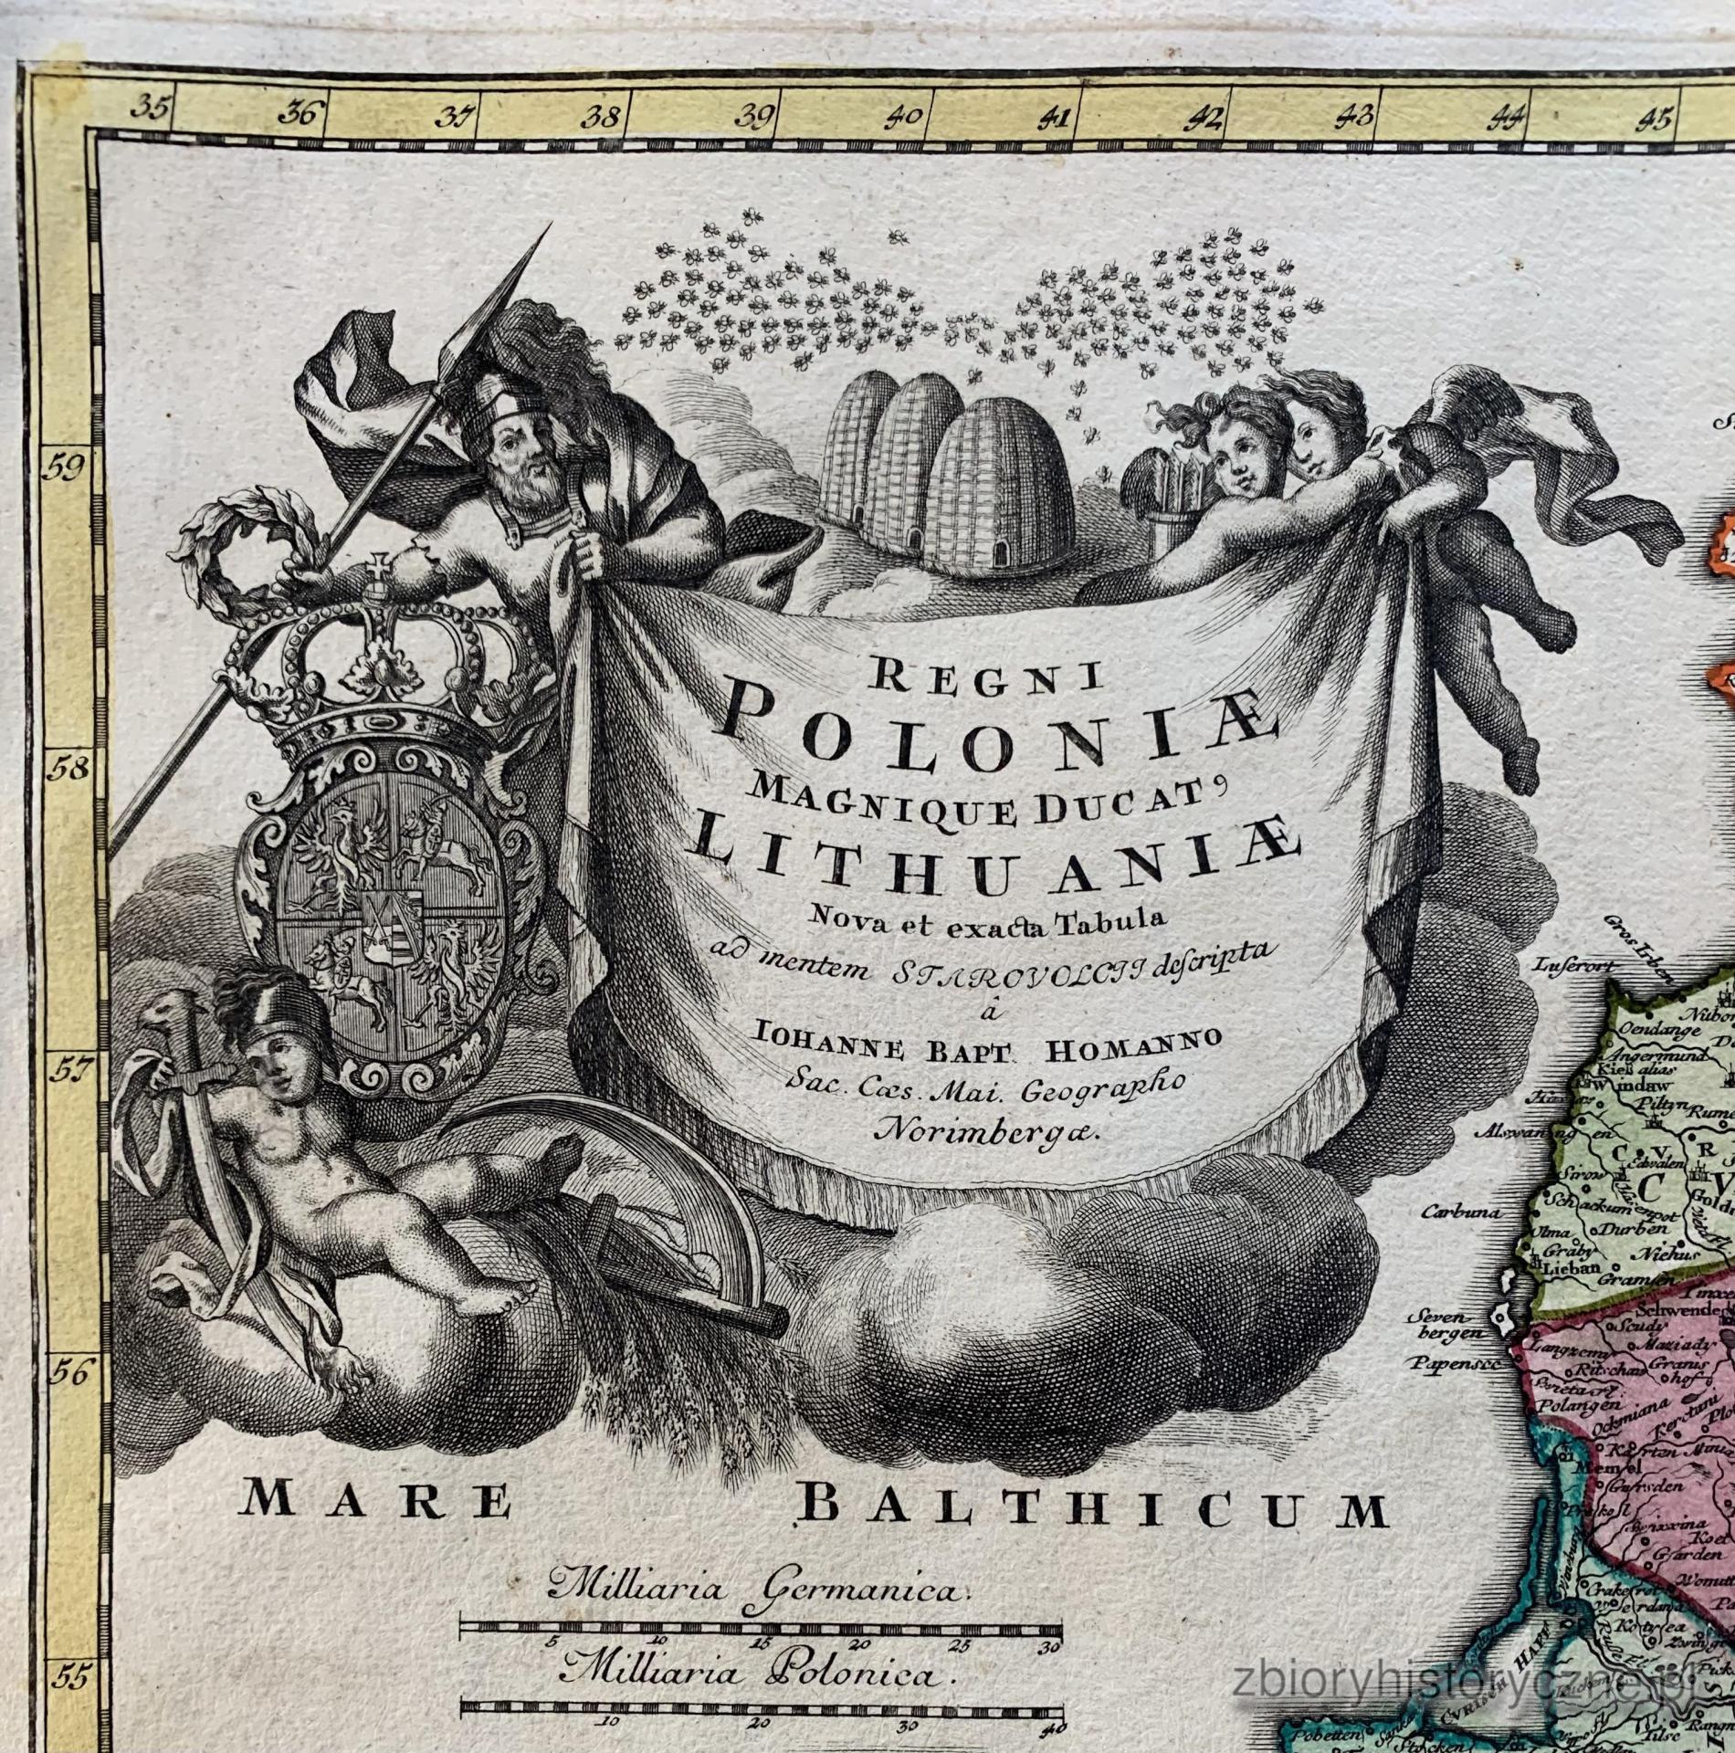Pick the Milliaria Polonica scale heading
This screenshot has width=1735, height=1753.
pos(755,1675)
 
